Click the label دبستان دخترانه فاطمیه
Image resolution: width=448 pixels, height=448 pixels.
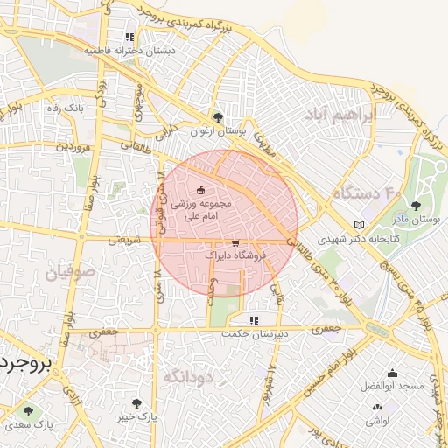point(129,52)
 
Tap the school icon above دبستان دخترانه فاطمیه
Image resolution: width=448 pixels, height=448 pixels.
point(129,38)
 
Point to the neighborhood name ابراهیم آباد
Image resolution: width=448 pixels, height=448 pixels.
point(339,115)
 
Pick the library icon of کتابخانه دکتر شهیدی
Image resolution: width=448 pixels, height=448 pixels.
point(359,225)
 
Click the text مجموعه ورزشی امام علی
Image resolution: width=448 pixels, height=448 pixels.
point(202,208)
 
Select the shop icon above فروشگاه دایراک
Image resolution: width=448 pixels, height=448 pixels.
point(235,242)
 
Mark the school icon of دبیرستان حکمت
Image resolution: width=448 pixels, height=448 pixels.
point(254,320)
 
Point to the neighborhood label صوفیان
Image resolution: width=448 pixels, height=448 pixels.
point(65,273)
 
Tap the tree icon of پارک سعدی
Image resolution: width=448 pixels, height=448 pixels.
point(31,409)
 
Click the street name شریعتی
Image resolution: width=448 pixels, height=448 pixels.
point(123,238)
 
